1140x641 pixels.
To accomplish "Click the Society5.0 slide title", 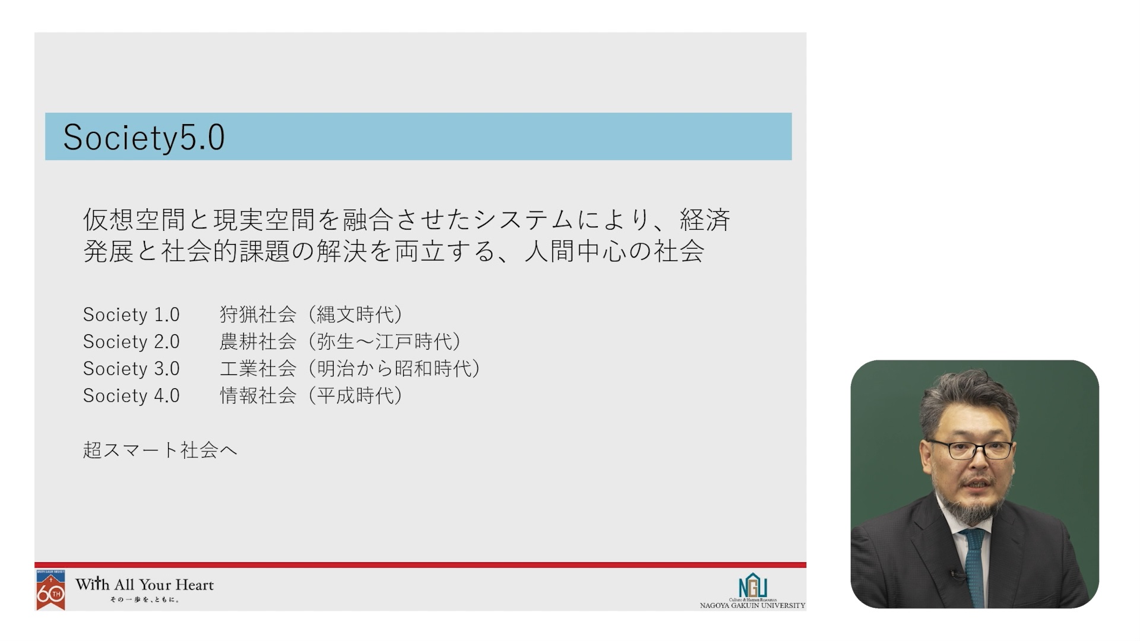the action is pyautogui.click(x=144, y=138).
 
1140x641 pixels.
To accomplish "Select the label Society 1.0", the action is pyautogui.click(x=131, y=315).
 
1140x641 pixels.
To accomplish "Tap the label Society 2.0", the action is pyautogui.click(x=131, y=342).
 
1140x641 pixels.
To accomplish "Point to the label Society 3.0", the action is pyautogui.click(x=131, y=369).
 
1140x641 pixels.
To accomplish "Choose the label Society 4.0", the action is pyautogui.click(x=131, y=396).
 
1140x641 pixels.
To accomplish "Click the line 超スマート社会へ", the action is pyautogui.click(x=160, y=450).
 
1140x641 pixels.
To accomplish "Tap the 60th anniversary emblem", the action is pyautogui.click(x=50, y=590).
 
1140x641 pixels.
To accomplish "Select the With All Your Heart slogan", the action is pyautogui.click(x=144, y=585).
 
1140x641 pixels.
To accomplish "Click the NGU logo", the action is pyautogui.click(x=753, y=586).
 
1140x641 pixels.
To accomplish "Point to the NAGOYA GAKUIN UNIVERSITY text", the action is pyautogui.click(x=752, y=606).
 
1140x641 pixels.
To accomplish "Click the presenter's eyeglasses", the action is pyautogui.click(x=971, y=449).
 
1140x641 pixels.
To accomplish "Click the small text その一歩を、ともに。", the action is pyautogui.click(x=144, y=600).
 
